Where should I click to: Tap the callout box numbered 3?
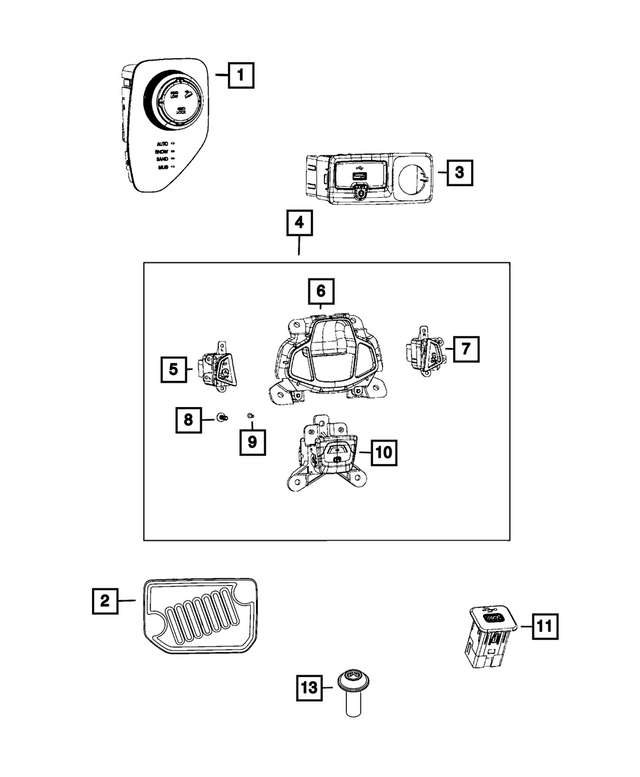point(458,173)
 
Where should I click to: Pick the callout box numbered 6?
point(320,291)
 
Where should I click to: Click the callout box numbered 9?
point(252,439)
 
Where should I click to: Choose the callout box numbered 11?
point(543,627)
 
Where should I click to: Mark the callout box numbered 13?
point(310,688)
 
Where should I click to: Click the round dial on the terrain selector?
point(176,99)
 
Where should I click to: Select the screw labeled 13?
point(351,693)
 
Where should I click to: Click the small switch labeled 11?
point(489,634)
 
